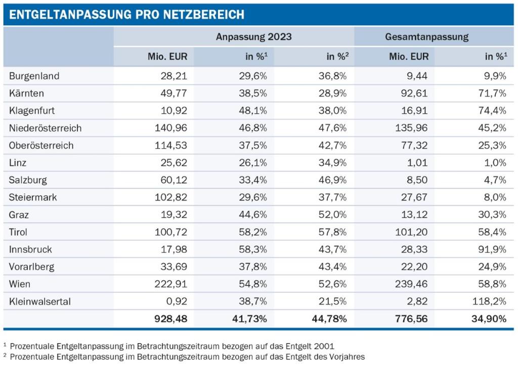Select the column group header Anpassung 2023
coord(253,37)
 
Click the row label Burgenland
coord(34,76)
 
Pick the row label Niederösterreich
coord(45,128)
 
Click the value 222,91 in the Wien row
coord(170,284)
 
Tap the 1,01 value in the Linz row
coord(417,163)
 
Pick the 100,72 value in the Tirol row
coord(170,232)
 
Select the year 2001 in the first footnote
coord(323,346)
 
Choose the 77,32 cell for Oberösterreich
coord(415,146)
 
